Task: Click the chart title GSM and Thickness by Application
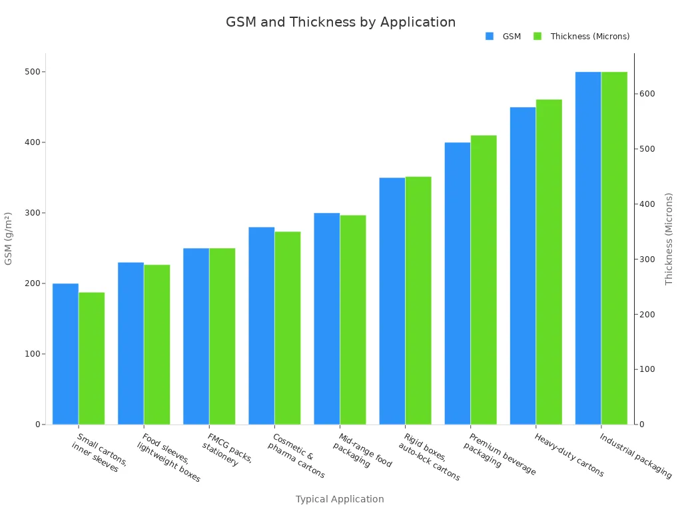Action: (x=340, y=22)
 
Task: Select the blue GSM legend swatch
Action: (x=490, y=37)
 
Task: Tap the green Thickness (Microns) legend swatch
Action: (x=537, y=37)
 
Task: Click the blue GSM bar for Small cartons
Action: (x=65, y=354)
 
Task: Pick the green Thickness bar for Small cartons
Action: (x=91, y=358)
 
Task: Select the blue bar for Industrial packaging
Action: (x=588, y=248)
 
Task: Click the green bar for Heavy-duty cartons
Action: (x=549, y=262)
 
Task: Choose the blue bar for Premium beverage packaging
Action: (x=458, y=283)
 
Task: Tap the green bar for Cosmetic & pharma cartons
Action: (x=288, y=328)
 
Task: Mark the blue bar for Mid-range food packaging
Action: (x=326, y=319)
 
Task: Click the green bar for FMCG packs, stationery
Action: (x=222, y=336)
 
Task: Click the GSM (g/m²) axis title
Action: (x=9, y=238)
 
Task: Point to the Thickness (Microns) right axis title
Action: (x=669, y=238)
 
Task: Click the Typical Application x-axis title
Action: (x=340, y=499)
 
